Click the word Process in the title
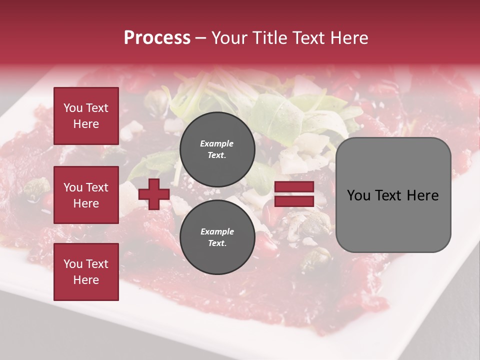157,38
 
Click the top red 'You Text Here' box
86,116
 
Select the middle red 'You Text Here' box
86,195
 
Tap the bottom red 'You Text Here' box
86,272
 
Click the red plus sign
154,194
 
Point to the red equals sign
294,194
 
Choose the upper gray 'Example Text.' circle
217,149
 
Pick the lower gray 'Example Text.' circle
217,237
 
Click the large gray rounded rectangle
393,195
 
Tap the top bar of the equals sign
294,187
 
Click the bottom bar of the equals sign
294,201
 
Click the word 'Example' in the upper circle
217,143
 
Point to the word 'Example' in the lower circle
217,231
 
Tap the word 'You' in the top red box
73,108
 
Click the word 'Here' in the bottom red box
86,280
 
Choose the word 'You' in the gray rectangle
358,195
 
